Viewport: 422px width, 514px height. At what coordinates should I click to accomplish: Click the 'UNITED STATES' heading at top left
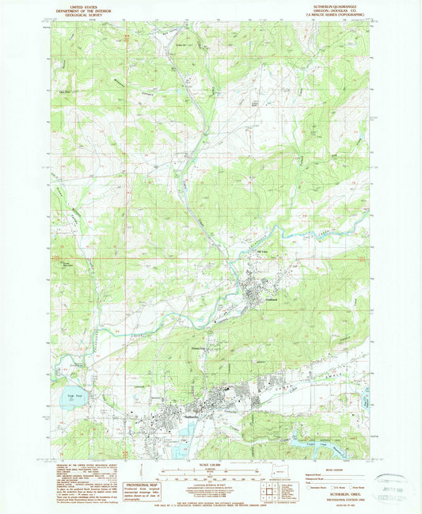pyautogui.click(x=77, y=3)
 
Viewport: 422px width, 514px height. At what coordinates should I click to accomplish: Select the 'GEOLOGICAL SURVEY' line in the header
pyautogui.click(x=77, y=13)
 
